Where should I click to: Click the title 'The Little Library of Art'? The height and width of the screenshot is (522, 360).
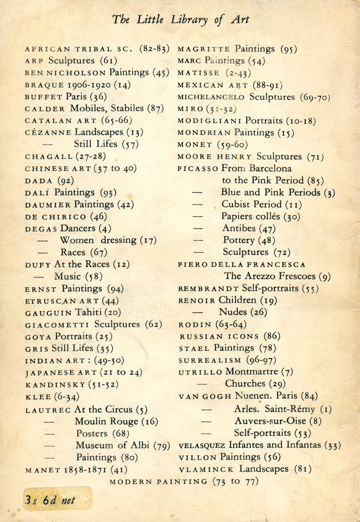(x=181, y=20)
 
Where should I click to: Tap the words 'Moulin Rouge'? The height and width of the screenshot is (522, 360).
(x=106, y=421)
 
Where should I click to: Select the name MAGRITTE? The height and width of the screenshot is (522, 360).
(x=204, y=50)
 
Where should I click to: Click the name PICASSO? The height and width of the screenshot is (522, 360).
(x=198, y=169)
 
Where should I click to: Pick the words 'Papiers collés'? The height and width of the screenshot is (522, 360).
(x=250, y=216)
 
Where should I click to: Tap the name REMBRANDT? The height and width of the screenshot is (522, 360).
(x=208, y=289)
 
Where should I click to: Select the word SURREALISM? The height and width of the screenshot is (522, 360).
(x=210, y=360)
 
